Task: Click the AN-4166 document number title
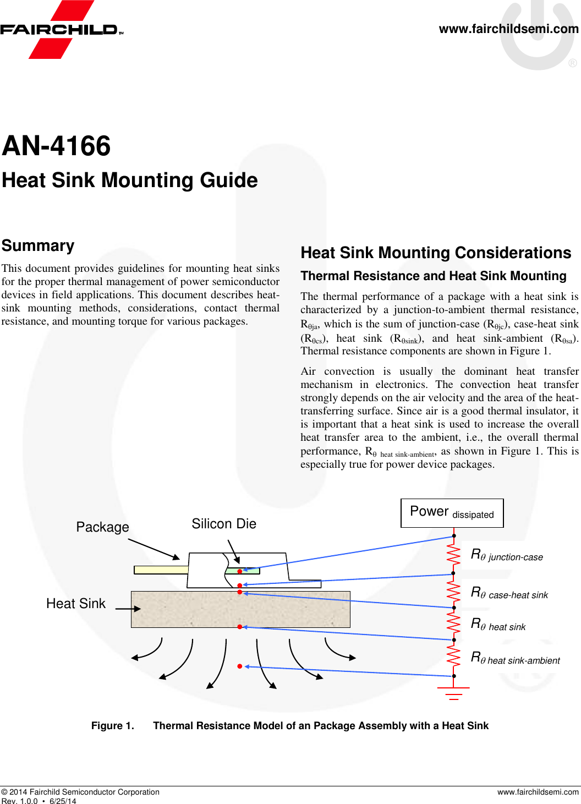[56, 146]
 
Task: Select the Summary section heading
[38, 245]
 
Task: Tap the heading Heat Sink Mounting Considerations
[436, 253]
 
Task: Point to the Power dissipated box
[452, 513]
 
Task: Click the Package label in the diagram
[102, 527]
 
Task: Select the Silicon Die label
[224, 524]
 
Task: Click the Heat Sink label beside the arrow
[76, 604]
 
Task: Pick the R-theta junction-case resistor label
[507, 555]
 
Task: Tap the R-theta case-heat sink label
[509, 593]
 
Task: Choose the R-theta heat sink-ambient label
[516, 658]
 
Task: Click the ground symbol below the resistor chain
[453, 693]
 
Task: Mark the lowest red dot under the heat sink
[240, 666]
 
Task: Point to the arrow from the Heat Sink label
[128, 609]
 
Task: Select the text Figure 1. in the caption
[113, 726]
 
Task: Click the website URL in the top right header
[508, 29]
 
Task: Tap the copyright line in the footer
[80, 792]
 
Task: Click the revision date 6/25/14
[63, 801]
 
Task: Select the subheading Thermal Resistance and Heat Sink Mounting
[434, 276]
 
